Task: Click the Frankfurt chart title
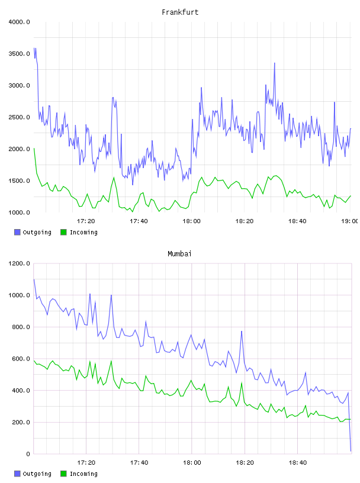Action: (180, 12)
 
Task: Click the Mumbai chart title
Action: (179, 254)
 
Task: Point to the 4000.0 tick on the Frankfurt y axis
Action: (20, 22)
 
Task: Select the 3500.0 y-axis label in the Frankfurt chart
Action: (20, 54)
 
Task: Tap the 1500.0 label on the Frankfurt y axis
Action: (20, 181)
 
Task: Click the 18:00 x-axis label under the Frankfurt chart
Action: (191, 221)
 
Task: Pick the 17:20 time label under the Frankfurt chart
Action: (86, 221)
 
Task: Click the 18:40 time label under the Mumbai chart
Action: (297, 462)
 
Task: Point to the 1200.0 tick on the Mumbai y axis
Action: (20, 263)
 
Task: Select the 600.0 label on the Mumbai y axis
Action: (21, 359)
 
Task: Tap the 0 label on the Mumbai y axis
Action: (28, 454)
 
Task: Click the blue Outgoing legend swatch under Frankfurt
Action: (17, 232)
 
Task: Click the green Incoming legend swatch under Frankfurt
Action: (63, 232)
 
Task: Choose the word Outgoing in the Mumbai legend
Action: (37, 474)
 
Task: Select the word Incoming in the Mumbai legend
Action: (83, 474)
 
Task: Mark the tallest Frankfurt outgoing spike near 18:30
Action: (274, 63)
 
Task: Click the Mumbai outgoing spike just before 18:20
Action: (242, 331)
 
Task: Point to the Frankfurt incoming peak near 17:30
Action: (114, 178)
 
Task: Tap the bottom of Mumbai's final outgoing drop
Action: (351, 451)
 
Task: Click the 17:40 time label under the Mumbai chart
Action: (139, 462)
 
